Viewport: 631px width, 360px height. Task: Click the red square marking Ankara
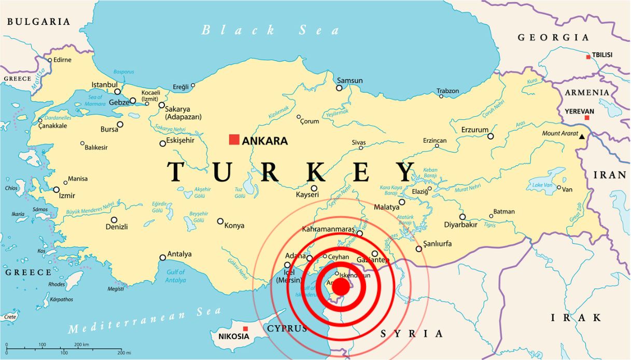click(x=234, y=140)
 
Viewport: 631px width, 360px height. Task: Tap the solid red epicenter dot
click(x=341, y=286)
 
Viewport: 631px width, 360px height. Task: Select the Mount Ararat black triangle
click(x=582, y=136)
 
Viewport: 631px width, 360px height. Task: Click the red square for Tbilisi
click(x=588, y=57)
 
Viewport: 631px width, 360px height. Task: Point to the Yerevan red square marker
click(x=587, y=118)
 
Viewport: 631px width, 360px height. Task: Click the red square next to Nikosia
click(x=245, y=328)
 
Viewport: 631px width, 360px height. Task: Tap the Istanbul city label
click(x=105, y=85)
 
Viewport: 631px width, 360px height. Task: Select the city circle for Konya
click(x=220, y=221)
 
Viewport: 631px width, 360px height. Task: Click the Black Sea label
click(x=270, y=30)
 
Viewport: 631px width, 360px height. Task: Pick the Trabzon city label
click(x=447, y=91)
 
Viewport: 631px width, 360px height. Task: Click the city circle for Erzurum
click(x=490, y=136)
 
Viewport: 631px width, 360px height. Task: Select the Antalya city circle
click(x=163, y=257)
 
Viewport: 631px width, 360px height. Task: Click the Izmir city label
click(x=67, y=196)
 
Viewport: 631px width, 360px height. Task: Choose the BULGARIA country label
click(x=38, y=22)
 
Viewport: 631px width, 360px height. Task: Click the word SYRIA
click(x=412, y=334)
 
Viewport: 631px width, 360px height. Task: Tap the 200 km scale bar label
click(x=81, y=344)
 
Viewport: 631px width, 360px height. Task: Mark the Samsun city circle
click(x=339, y=88)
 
